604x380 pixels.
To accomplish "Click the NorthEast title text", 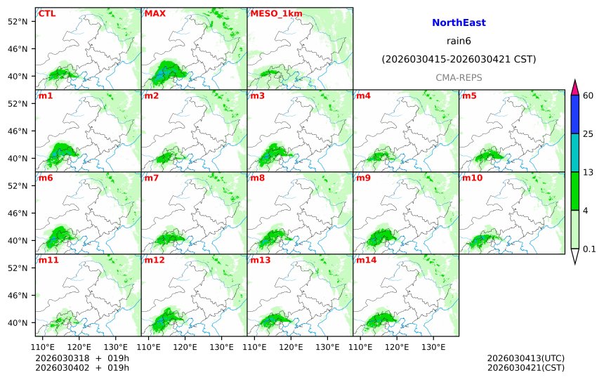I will pos(459,23).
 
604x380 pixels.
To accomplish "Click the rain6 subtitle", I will pos(459,41).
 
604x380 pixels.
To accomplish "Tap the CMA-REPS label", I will pos(459,77).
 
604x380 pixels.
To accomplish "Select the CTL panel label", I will pos(47,13).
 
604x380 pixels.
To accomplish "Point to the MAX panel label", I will pos(155,13).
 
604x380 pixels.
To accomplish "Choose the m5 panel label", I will pos(469,96).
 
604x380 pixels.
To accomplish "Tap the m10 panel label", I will pos(472,178).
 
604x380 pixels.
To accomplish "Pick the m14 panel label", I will pos(366,260).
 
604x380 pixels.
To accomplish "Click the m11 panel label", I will pos(48,260).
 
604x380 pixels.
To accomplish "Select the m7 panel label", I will pos(152,178).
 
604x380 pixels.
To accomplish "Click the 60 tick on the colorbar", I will pos(589,96).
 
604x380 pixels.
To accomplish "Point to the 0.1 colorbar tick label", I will pos(589,249).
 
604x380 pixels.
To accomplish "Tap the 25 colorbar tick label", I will pos(589,134).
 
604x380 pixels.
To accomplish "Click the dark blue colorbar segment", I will pos(575,114).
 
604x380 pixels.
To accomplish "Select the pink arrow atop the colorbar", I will pos(575,88).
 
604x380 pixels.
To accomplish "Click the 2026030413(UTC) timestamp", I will pos(525,358).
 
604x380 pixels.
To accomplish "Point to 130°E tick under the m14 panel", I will pos(433,346).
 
